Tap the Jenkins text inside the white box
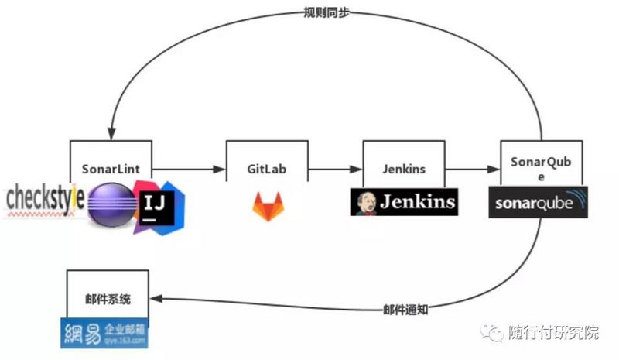click(x=404, y=168)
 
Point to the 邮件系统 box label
click(x=108, y=299)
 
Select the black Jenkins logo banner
click(x=403, y=202)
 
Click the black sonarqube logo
click(x=539, y=202)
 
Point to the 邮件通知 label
click(x=405, y=309)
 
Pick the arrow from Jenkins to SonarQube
click(x=472, y=168)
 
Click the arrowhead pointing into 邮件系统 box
click(x=155, y=298)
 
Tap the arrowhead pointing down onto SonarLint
click(x=113, y=134)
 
